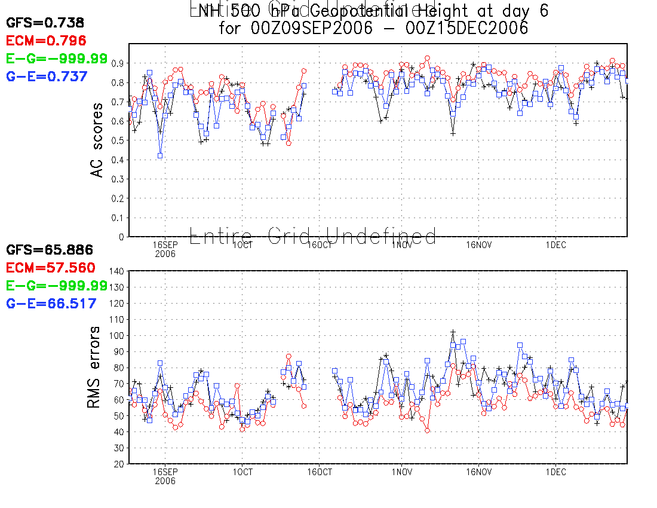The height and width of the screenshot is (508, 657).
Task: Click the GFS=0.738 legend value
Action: (x=45, y=23)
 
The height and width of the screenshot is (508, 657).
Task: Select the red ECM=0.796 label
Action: (x=46, y=41)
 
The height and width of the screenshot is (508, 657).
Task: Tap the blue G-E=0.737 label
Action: (x=47, y=76)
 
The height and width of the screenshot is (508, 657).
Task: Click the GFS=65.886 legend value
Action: (x=50, y=250)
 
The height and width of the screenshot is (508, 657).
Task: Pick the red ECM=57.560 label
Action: (x=51, y=268)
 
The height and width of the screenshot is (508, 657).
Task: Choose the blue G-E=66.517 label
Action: (x=51, y=304)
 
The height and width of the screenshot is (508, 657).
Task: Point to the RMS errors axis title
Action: (x=94, y=368)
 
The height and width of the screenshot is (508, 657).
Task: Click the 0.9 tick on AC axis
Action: (x=117, y=63)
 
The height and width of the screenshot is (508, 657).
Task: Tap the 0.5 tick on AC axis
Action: (x=117, y=140)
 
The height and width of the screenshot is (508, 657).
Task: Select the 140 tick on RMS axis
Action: (x=115, y=271)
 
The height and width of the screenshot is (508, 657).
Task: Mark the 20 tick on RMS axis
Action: (x=118, y=464)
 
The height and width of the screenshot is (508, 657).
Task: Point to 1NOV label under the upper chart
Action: (x=401, y=244)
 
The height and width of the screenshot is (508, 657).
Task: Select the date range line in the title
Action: (x=373, y=28)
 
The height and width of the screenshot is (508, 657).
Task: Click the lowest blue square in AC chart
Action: (x=160, y=155)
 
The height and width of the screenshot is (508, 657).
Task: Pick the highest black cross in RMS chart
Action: (x=453, y=332)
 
